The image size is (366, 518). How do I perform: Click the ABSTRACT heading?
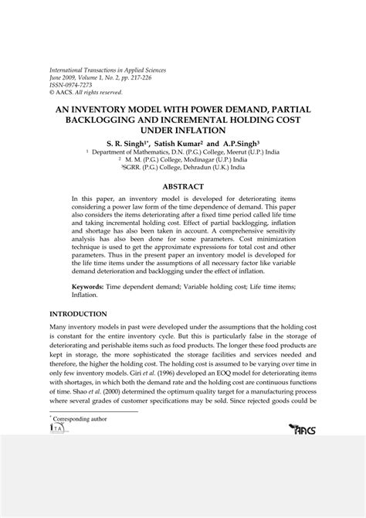(x=183, y=186)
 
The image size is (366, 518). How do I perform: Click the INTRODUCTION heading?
(x=79, y=314)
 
